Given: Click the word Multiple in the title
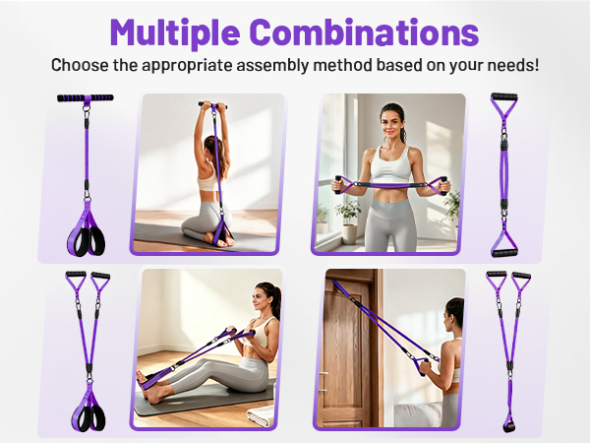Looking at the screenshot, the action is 175,33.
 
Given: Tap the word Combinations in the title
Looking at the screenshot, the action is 364,32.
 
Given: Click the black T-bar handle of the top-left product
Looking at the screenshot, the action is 86,97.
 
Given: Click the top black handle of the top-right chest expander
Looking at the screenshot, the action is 504,96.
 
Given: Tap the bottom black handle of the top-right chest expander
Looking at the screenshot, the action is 504,253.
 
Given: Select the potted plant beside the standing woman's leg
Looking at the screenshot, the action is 349,221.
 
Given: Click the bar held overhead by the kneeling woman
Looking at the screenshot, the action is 212,105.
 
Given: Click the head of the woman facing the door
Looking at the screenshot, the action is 454,312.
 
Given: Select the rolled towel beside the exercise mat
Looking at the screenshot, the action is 261,415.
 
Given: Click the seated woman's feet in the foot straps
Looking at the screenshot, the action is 147,387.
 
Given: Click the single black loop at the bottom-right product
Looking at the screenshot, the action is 508,427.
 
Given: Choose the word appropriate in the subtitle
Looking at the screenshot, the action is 188,66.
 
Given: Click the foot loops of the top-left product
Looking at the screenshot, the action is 87,240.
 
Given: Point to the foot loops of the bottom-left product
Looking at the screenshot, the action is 88,417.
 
